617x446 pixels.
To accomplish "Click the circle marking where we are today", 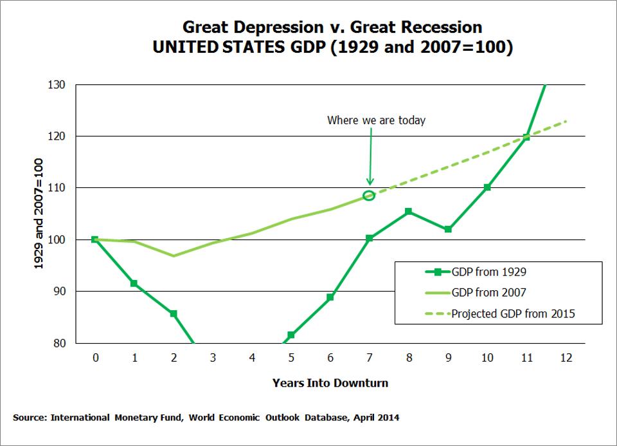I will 369,195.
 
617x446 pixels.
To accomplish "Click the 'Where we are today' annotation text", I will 376,120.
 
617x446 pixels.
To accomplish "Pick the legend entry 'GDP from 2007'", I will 488,293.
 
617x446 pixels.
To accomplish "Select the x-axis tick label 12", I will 565,358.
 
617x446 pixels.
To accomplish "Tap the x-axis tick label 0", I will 95,358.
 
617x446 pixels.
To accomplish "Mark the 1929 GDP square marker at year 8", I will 409,212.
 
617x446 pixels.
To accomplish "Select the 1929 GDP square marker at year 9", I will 448,229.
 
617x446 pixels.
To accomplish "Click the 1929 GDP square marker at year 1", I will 134,283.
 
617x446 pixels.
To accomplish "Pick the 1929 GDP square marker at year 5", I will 291,335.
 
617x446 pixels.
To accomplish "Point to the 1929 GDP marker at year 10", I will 487,187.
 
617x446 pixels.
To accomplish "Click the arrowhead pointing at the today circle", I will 370,182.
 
